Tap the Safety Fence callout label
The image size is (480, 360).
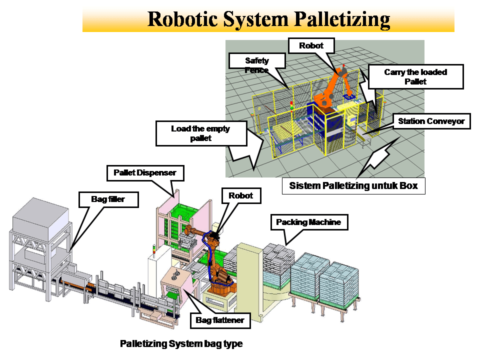point(256,65)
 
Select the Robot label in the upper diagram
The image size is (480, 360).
point(311,45)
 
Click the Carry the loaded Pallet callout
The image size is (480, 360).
point(415,76)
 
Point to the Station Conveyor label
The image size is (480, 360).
point(431,121)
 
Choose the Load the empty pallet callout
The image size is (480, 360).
point(200,133)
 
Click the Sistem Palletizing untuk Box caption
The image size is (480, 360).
point(353,186)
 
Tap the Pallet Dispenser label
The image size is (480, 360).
point(145,173)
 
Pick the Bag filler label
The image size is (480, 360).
point(101,199)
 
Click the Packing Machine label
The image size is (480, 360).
point(308,221)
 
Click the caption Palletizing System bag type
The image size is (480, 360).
point(181,344)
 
